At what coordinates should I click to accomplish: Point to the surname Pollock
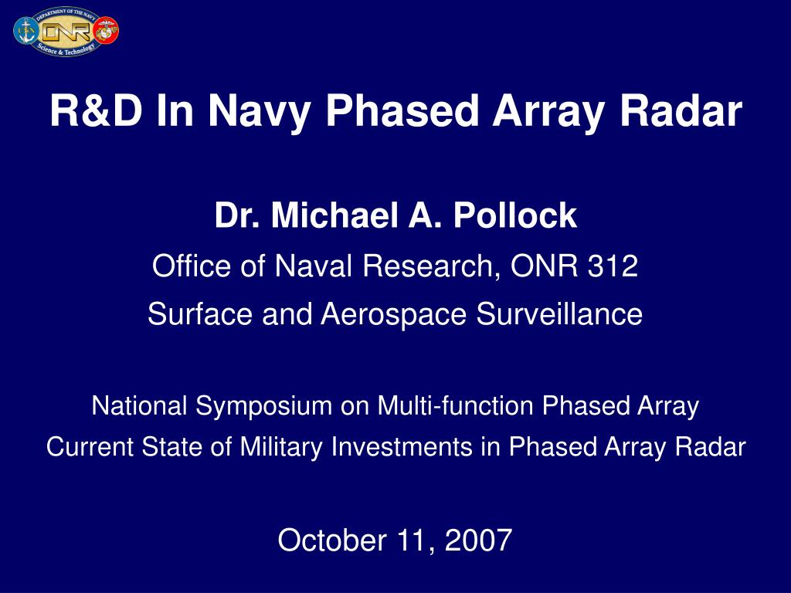click(x=515, y=216)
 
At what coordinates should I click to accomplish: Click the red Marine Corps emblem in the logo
click(x=107, y=31)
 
